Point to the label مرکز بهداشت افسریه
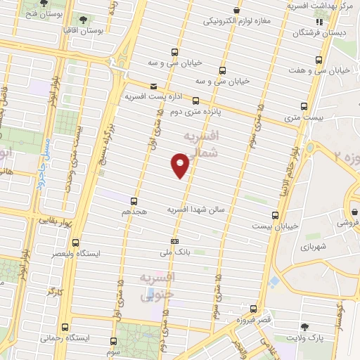pyautogui.click(x=322, y=6)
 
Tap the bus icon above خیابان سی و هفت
pyautogui.click(x=319, y=60)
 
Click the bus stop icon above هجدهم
pyautogui.click(x=134, y=200)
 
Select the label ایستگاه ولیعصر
pyautogui.click(x=79, y=252)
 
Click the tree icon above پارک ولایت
pyautogui.click(x=304, y=327)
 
